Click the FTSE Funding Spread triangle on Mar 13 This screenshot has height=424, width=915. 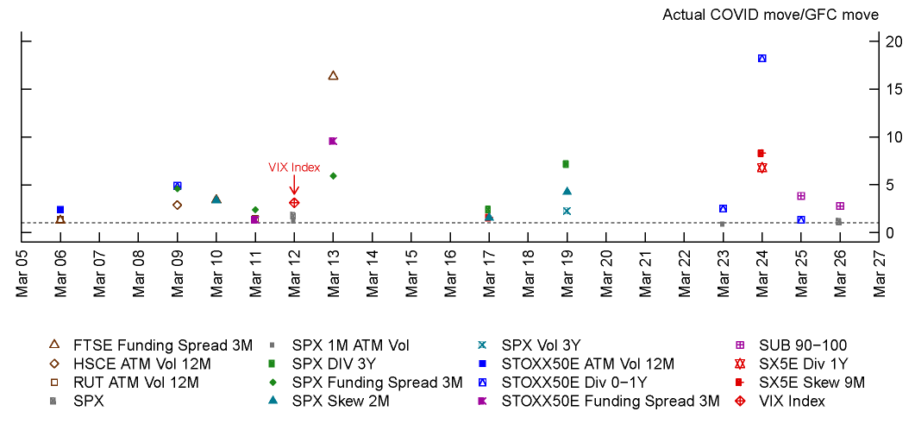[x=333, y=76]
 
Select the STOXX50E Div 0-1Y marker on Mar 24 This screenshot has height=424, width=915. [x=762, y=59]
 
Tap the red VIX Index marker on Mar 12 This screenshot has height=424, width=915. [x=294, y=203]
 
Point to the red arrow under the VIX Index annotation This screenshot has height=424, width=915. [x=294, y=185]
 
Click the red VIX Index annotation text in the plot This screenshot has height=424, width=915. [x=294, y=168]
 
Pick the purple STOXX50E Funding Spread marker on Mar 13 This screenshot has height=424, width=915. [x=333, y=141]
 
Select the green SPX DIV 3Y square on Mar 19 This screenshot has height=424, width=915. [x=566, y=164]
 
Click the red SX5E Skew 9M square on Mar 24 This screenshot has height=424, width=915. [x=761, y=153]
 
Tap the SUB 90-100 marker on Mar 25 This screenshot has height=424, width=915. [x=801, y=196]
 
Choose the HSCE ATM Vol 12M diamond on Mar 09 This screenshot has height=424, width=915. [x=177, y=205]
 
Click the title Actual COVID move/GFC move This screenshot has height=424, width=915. [x=770, y=15]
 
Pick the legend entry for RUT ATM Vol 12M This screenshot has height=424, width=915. [x=129, y=383]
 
